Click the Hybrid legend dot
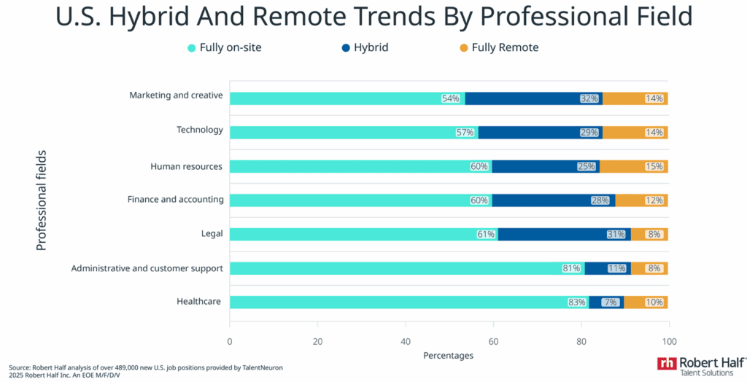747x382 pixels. pyautogui.click(x=346, y=48)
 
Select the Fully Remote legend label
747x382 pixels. pyautogui.click(x=505, y=48)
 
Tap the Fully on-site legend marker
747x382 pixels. pyautogui.click(x=192, y=48)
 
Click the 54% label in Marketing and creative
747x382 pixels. pyautogui.click(x=450, y=98)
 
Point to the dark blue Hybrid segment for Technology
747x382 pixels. pyautogui.click(x=540, y=133)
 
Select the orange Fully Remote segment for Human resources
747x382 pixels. pyautogui.click(x=633, y=166)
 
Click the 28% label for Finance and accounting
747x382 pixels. pyautogui.click(x=600, y=200)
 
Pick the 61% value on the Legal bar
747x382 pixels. pyautogui.click(x=486, y=234)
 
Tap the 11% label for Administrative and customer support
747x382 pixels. pyautogui.click(x=617, y=268)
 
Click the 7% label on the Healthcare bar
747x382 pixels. pyautogui.click(x=610, y=302)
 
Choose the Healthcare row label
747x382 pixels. pyautogui.click(x=198, y=301)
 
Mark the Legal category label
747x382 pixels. pyautogui.click(x=210, y=233)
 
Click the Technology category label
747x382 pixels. pyautogui.click(x=199, y=130)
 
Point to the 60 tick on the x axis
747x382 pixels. pyautogui.click(x=493, y=341)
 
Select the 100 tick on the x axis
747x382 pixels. pyautogui.click(x=668, y=341)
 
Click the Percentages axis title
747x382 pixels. pyautogui.click(x=448, y=356)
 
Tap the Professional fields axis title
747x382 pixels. pyautogui.click(x=42, y=200)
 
